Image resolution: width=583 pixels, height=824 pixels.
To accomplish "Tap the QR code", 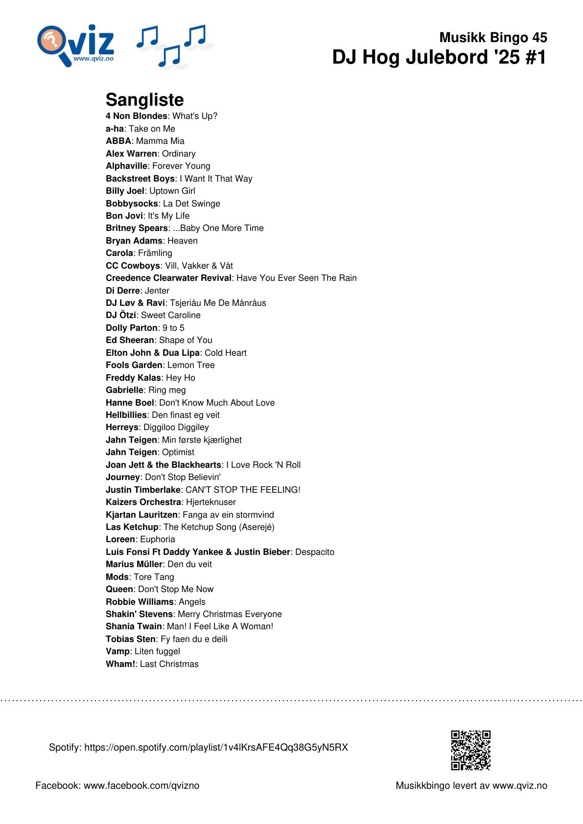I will coord(470,750).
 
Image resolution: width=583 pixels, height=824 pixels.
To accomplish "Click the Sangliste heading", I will coord(145,100).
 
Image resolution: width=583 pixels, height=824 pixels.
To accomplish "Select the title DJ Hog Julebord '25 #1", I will coord(439,57).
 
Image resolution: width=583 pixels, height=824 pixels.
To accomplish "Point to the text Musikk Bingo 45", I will coord(493,37).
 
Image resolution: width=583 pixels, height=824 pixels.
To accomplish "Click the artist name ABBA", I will coord(118,141).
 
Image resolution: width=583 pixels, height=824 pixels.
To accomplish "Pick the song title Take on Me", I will coord(152,129).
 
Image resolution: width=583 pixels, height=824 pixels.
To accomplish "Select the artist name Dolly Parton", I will coord(132,328).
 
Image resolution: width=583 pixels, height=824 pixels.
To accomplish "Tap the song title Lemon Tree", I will coord(191,365).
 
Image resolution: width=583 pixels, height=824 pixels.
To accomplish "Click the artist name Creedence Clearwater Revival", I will coord(168,278).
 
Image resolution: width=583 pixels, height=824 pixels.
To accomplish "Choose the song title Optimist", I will coord(178,452).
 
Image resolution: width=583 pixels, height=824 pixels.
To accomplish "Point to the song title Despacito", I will coord(315,552).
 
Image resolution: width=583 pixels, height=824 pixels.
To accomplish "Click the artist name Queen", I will coord(119,589).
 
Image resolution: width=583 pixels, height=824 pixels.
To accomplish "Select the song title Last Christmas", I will coord(169,664).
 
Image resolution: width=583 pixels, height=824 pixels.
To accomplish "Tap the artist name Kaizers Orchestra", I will coord(143,502).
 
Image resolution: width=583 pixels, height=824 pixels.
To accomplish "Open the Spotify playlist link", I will coord(216,747).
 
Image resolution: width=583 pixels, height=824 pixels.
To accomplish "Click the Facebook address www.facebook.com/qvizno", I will coord(141,785).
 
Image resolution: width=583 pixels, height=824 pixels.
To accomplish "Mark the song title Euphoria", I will coord(158,539).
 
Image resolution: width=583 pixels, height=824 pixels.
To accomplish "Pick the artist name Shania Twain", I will coord(134,626).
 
